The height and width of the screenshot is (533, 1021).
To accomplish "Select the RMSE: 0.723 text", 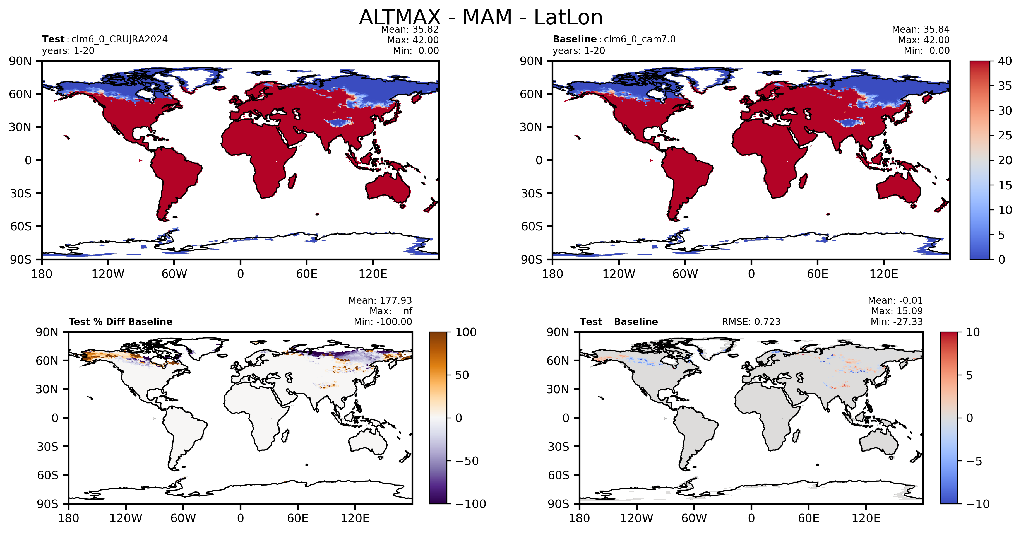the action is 751,322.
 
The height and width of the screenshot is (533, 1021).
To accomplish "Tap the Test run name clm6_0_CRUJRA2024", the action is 119,39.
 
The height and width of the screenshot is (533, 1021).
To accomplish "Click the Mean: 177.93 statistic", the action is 380,300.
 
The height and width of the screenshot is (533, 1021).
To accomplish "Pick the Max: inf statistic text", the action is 391,311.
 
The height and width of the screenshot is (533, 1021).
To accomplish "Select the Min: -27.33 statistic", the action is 897,322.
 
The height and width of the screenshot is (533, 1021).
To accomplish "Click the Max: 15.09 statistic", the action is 897,311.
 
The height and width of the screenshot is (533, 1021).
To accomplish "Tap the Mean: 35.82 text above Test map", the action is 410,29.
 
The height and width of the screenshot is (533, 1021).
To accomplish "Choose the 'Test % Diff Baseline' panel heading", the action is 121,322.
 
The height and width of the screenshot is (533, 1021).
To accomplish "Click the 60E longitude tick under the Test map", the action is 307,274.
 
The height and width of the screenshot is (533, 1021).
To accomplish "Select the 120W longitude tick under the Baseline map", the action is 619,274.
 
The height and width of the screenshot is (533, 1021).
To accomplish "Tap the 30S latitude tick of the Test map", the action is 21,193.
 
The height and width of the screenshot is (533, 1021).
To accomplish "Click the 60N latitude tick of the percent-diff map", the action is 47,361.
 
